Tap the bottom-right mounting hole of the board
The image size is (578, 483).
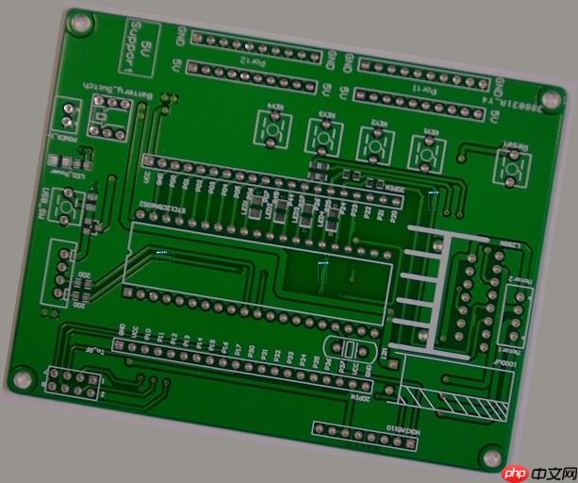(x=490, y=455)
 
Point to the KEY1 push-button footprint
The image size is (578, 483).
(x=425, y=151)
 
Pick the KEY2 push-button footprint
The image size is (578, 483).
(x=374, y=143)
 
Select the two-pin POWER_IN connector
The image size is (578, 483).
(x=67, y=117)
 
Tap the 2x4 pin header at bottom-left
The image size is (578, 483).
(x=72, y=382)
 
